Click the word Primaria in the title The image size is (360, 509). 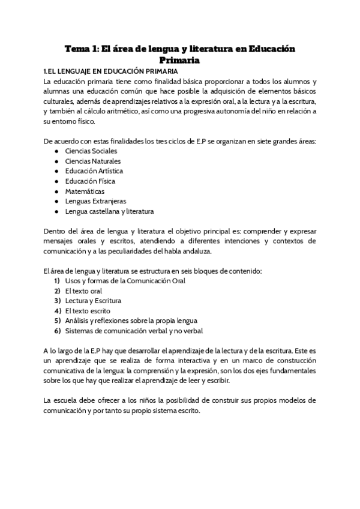179,60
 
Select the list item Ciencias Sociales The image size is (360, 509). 91,151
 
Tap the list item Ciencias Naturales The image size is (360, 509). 93,161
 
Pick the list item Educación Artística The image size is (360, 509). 94,171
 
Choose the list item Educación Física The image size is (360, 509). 90,181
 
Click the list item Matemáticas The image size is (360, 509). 86,191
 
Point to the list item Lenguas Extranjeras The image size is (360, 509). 95,201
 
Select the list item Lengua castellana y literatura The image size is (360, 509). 109,211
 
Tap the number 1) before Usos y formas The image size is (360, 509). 57,281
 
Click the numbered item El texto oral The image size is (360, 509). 83,291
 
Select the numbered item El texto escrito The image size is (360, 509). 87,311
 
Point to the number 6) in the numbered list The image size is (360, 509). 57,331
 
